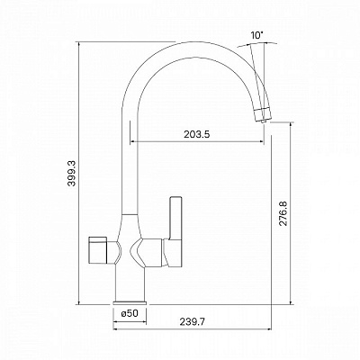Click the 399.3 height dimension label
[x=72, y=173]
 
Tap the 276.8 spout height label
[x=283, y=213]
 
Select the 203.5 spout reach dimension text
[x=197, y=134]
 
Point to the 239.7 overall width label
[x=193, y=322]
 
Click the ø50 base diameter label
[x=130, y=313]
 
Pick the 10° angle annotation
[x=256, y=36]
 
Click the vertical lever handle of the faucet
[x=175, y=219]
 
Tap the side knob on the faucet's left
[x=97, y=249]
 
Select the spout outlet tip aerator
[x=262, y=114]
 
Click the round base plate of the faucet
[x=130, y=302]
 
